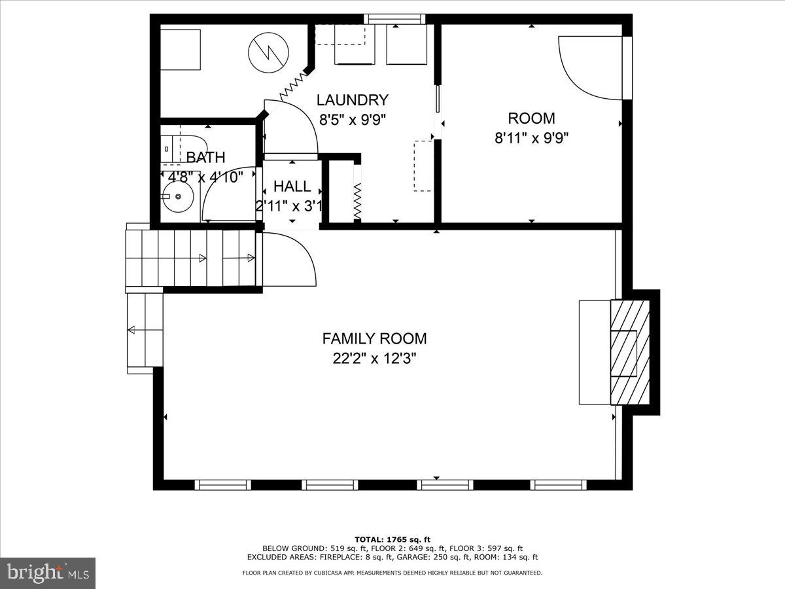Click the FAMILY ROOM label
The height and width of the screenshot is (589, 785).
click(x=374, y=338)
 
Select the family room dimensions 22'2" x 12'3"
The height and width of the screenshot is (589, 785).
click(x=374, y=358)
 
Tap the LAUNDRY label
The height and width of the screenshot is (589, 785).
click(x=352, y=100)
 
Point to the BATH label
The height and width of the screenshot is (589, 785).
click(x=205, y=157)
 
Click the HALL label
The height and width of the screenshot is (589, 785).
click(x=292, y=187)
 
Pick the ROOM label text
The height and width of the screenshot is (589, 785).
click(x=531, y=118)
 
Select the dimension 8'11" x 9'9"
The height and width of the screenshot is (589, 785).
click(x=531, y=138)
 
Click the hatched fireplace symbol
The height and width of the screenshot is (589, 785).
click(x=629, y=352)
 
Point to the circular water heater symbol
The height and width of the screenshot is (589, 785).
click(x=266, y=52)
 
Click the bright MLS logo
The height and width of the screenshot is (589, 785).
click(x=48, y=573)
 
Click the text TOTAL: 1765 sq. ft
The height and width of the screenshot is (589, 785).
click(x=392, y=539)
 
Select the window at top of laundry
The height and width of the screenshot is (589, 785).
click(x=394, y=19)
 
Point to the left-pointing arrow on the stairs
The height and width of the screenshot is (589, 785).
click(x=134, y=330)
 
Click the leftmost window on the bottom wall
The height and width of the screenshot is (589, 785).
click(x=223, y=485)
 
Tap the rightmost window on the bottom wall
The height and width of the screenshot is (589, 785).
click(x=558, y=485)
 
